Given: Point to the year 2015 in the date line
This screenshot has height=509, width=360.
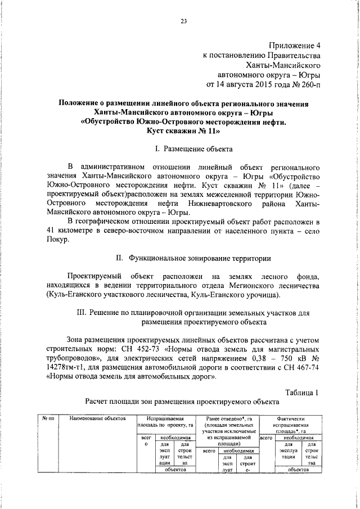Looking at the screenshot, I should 259,85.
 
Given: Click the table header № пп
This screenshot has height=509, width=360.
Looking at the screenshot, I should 48,434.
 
